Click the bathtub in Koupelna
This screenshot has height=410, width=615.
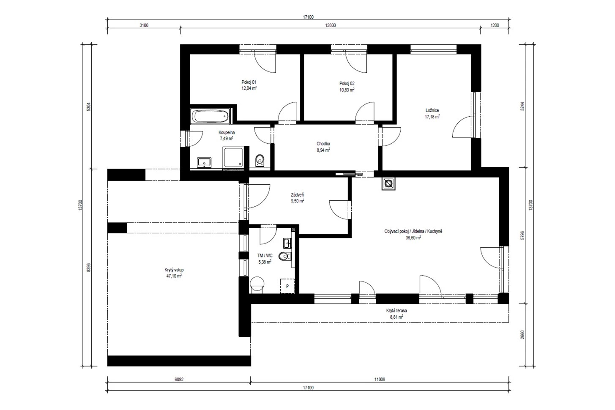click(x=210, y=116)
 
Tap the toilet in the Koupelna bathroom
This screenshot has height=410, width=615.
click(x=260, y=161)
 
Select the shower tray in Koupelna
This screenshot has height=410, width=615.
click(x=233, y=157)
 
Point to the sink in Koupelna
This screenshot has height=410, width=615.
click(x=204, y=163)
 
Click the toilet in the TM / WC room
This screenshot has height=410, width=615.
click(x=284, y=256)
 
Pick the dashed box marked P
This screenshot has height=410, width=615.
click(x=287, y=286)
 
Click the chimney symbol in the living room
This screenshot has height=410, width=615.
click(x=388, y=183)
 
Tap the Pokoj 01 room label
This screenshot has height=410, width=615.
click(x=249, y=82)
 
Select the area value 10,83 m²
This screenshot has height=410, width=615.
click(x=347, y=90)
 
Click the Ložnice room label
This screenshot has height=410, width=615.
click(x=432, y=110)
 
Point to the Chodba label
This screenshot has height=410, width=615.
click(x=323, y=144)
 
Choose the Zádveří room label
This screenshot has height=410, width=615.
click(x=297, y=195)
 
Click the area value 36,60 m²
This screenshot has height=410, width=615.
click(x=413, y=238)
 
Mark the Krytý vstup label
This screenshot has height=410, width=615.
click(x=174, y=270)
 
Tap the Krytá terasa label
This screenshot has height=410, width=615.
click(x=396, y=311)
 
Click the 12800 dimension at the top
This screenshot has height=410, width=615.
click(x=330, y=25)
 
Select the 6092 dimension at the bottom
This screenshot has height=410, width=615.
click(x=179, y=380)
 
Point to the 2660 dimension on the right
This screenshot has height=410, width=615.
click(x=522, y=334)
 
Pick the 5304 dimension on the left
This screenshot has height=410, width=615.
click(x=88, y=107)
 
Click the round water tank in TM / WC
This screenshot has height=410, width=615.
click(x=257, y=284)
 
